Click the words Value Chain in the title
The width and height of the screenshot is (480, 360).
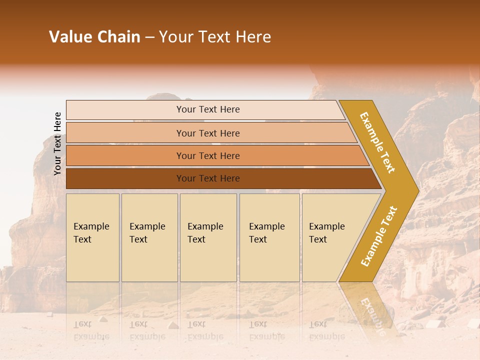[94, 37]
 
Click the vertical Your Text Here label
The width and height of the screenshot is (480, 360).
[57, 143]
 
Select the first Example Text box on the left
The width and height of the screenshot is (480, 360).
[92, 237]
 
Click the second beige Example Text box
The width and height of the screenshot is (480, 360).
[149, 237]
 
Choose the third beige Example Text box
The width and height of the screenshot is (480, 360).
[208, 237]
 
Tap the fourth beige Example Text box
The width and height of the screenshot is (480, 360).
[269, 237]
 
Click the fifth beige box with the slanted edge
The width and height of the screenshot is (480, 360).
[330, 237]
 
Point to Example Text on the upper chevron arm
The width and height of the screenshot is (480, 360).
[377, 142]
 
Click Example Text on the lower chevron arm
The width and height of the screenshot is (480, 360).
[379, 236]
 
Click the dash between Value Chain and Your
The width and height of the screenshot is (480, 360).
[149, 37]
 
